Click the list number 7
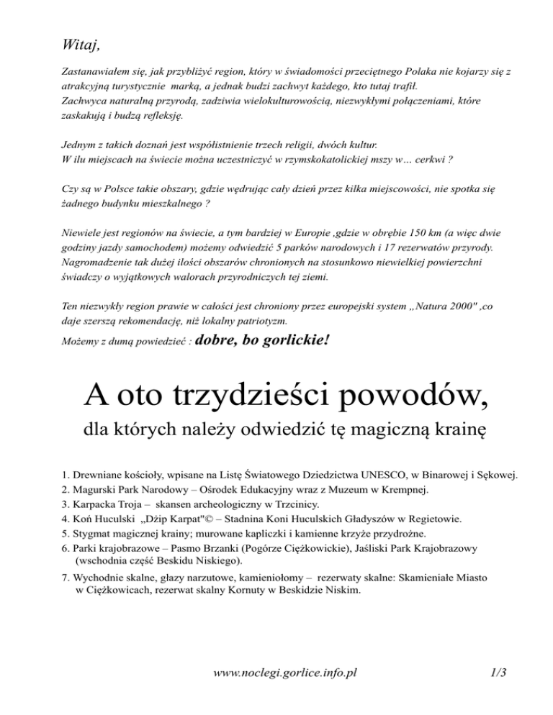pos(66,578)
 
